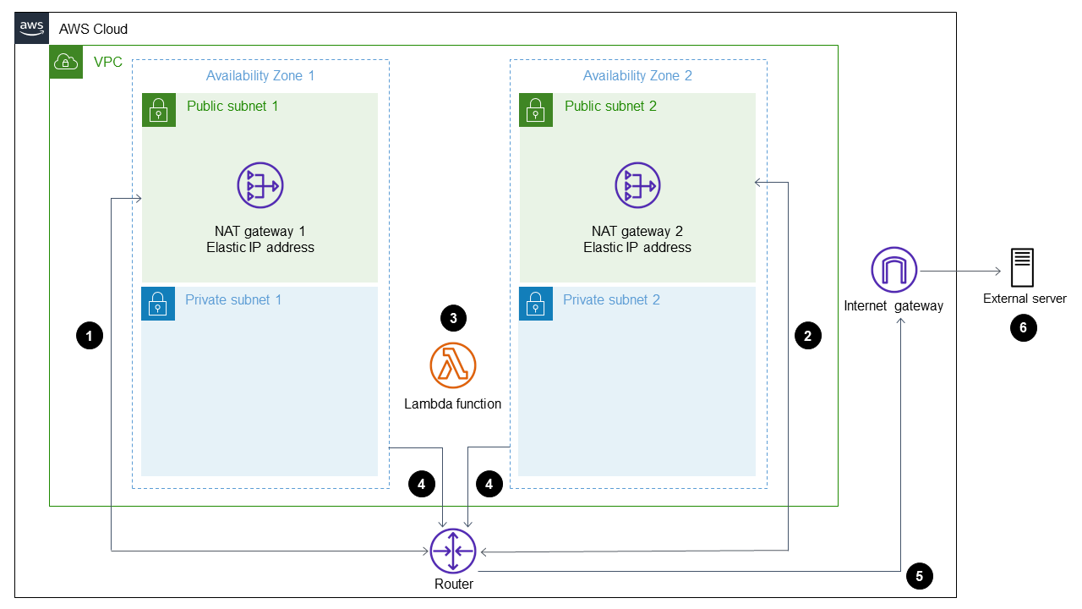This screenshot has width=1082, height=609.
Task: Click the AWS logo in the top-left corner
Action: [x=31, y=28]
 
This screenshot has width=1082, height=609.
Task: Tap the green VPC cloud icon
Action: [x=66, y=62]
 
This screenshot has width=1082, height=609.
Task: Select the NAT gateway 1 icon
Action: [x=260, y=185]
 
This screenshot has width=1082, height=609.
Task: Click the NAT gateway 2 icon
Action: [x=637, y=185]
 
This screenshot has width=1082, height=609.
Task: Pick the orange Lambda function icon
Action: [x=453, y=365]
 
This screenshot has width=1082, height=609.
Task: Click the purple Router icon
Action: [x=453, y=551]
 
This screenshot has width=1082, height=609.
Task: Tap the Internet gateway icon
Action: [x=893, y=271]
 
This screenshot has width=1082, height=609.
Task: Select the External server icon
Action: [x=1023, y=268]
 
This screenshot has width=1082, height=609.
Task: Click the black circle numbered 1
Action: [x=89, y=336]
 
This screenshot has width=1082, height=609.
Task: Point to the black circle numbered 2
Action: [x=807, y=336]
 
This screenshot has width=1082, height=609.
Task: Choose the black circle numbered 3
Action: [x=453, y=318]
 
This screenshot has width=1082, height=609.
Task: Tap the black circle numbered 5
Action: [x=919, y=576]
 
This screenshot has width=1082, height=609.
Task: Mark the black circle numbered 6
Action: [x=1023, y=328]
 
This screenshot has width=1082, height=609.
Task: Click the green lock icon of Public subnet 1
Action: [x=159, y=110]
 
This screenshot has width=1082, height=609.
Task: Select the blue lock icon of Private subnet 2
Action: [x=535, y=304]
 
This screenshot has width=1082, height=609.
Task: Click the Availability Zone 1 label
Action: [x=260, y=75]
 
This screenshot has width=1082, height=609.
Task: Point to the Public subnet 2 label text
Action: [x=610, y=106]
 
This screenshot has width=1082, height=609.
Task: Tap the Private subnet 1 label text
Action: [x=233, y=299]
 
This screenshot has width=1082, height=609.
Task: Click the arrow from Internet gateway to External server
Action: [x=959, y=271]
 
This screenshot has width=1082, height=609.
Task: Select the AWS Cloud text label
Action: [x=93, y=29]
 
